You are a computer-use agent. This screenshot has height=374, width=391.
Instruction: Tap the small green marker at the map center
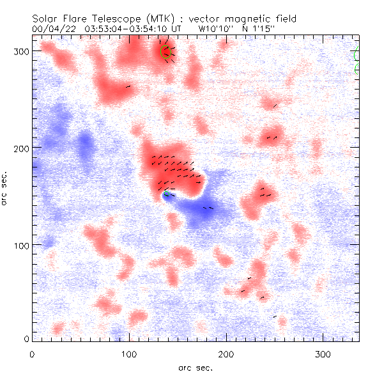pyautogui.click(x=167, y=194)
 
